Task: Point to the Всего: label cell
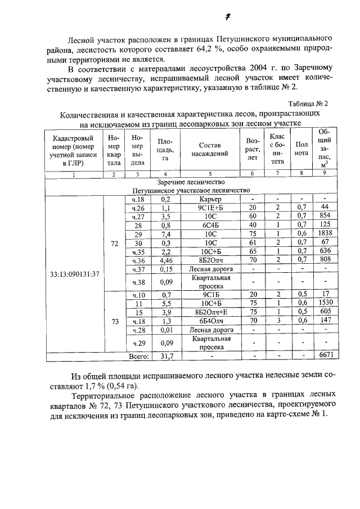tap(138, 355)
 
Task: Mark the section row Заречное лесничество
tap(191, 182)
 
